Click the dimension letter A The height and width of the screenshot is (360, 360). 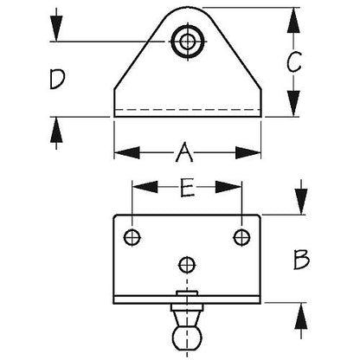pos(184,152)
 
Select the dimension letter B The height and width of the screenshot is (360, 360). pos(301,260)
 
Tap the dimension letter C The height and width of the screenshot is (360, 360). pos(294,61)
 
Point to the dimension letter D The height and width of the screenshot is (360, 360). pos(57,79)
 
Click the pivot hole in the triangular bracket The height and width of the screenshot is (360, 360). pos(188,42)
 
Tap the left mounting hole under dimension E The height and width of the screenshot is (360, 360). pos(132,237)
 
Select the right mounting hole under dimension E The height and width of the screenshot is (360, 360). pos(241,237)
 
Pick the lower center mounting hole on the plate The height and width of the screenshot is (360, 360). pos(187,265)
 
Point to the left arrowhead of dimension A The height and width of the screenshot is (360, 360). pos(127,152)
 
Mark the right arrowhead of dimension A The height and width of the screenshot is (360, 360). pos(248,152)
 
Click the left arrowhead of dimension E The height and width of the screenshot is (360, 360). pos(145,187)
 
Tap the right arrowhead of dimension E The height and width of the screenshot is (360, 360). pos(228,187)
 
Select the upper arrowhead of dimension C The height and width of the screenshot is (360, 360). pos(293,20)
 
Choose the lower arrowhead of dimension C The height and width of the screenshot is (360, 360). pos(293,103)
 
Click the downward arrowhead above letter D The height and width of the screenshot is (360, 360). pos(56,29)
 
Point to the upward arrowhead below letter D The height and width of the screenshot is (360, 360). pos(56,130)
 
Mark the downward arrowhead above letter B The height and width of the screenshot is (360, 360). pos(301,202)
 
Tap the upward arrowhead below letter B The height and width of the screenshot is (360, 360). pos(301,316)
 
